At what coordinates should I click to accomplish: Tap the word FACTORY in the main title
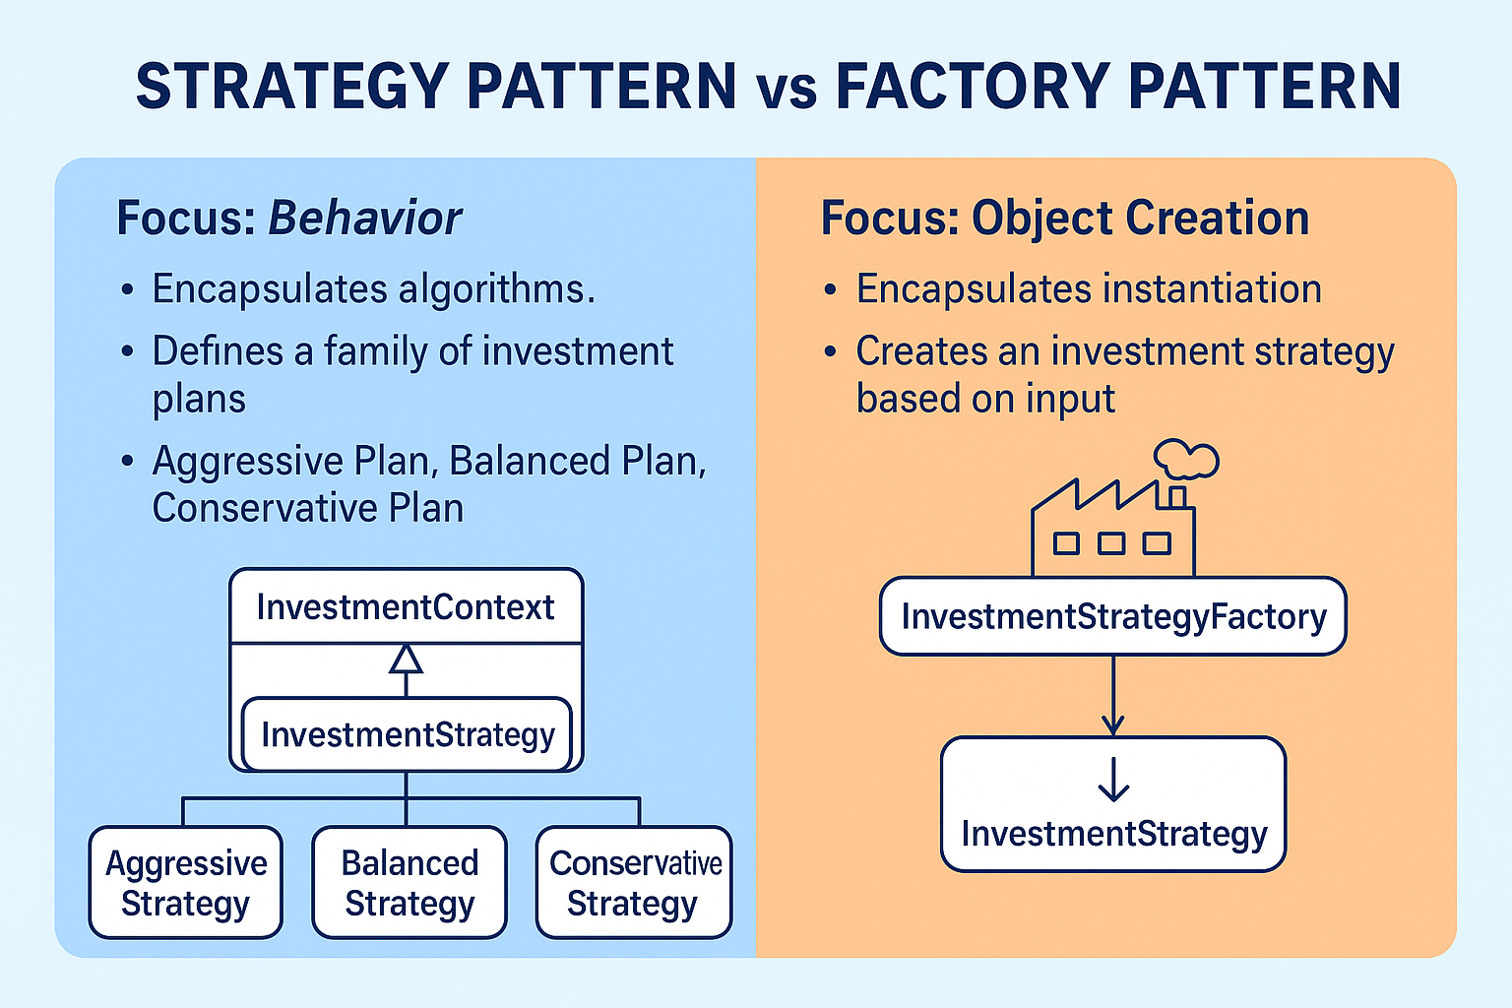(972, 86)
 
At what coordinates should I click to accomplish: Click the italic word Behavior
(365, 218)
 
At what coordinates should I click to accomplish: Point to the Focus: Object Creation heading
(1065, 218)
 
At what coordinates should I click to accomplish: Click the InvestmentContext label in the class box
(406, 607)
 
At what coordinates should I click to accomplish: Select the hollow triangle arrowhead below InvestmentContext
(406, 659)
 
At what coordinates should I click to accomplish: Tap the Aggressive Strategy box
(186, 882)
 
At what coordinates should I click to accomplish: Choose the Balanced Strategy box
(409, 882)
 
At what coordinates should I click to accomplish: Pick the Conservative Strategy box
(634, 882)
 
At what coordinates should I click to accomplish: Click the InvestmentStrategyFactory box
(1113, 617)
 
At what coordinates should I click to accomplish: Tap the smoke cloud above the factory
(1186, 459)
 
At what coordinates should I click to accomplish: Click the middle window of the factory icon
(1111, 543)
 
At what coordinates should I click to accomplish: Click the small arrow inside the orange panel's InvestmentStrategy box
(1113, 779)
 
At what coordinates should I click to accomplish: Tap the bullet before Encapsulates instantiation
(831, 290)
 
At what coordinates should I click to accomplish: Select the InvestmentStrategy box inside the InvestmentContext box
(407, 734)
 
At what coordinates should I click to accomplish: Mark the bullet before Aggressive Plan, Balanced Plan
(127, 461)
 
